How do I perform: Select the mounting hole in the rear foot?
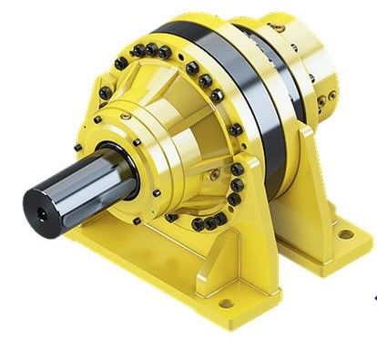pyautogui.click(x=346, y=234)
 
